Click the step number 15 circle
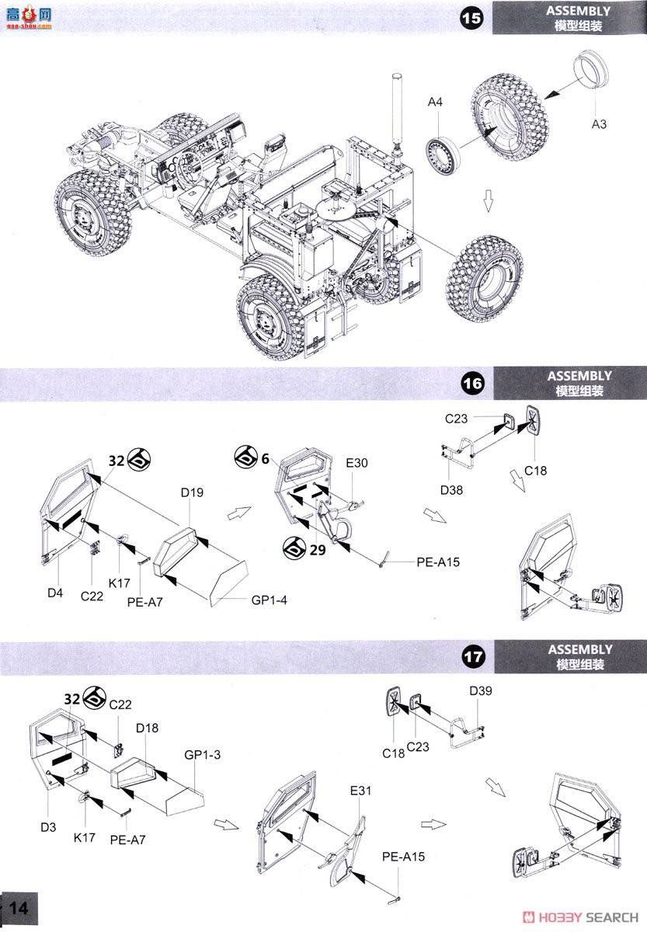471,17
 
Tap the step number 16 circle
471,383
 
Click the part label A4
435,103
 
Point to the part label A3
599,125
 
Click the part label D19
191,492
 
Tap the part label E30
357,463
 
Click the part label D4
54,593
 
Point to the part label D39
480,690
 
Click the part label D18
147,728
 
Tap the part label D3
48,828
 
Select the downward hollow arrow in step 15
488,202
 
